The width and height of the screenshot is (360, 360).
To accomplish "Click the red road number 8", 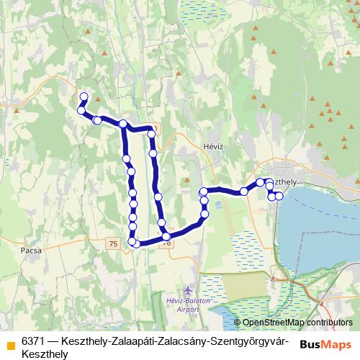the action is (273, 279).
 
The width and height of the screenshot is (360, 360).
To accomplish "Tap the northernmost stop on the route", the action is (84, 96).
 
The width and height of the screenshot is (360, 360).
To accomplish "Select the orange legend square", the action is (9, 340).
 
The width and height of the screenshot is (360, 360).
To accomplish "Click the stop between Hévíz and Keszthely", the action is (245, 191).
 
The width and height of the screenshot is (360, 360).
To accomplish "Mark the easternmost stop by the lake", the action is (279, 197).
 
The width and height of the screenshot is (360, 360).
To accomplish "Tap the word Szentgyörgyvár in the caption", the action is (248, 340).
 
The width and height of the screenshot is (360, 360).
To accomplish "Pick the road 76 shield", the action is (167, 243).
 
